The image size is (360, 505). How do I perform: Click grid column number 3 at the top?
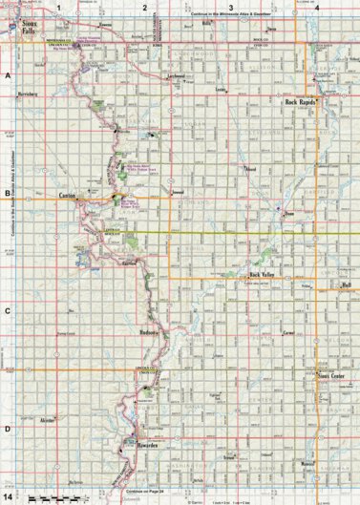(x=230, y=7)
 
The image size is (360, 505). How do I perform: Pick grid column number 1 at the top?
(x=58, y=7)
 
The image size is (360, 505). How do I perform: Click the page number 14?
(x=8, y=497)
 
